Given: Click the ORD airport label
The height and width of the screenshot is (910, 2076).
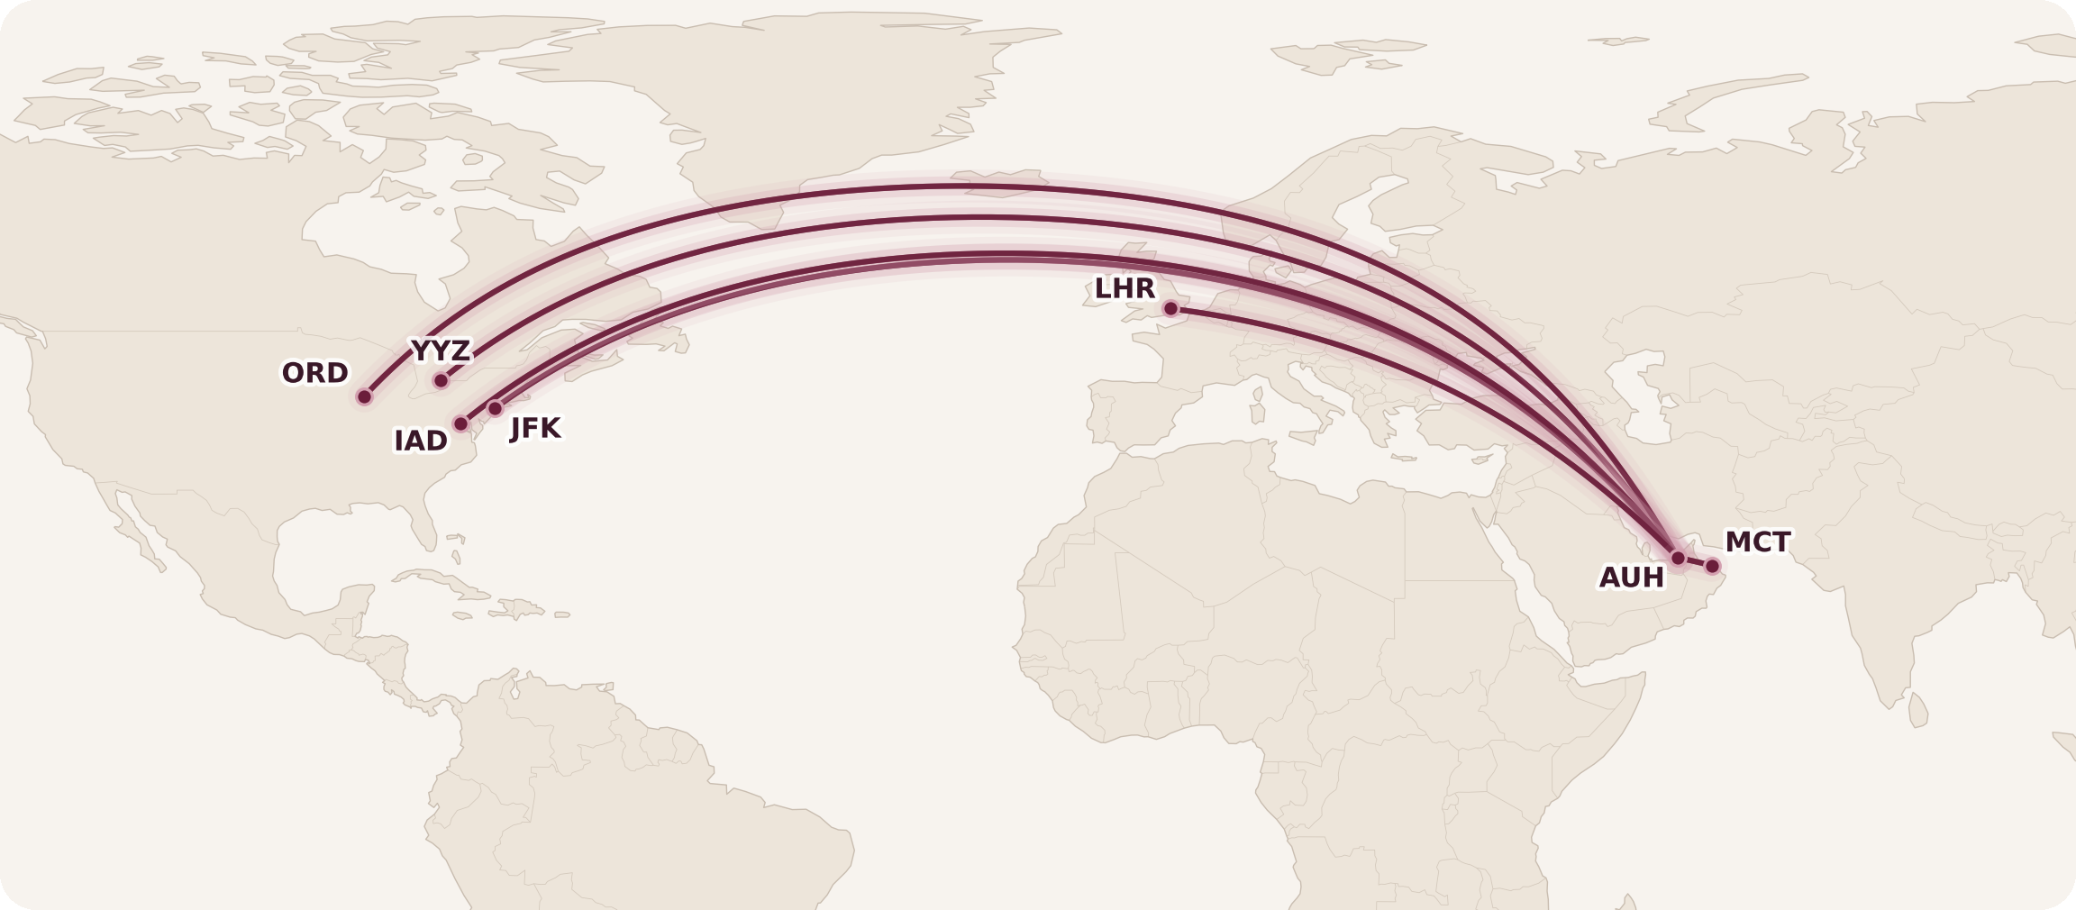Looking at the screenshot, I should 314,373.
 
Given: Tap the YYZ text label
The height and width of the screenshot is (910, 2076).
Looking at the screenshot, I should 441,350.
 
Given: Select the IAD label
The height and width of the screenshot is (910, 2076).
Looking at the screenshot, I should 420,441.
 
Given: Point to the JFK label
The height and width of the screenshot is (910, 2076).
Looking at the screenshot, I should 535,428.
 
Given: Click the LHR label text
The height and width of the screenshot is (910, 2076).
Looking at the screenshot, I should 1124,288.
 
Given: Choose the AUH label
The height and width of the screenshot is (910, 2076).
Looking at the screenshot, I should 1631,578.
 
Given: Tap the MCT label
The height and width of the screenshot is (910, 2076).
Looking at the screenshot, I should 1757,542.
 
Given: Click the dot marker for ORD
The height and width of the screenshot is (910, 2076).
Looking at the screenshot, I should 364,396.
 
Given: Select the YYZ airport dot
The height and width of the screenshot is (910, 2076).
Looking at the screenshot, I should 441,380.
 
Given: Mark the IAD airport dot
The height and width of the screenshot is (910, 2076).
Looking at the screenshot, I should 460,423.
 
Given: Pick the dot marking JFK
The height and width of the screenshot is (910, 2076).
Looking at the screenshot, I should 495,408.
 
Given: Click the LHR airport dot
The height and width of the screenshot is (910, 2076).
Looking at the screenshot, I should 1170,309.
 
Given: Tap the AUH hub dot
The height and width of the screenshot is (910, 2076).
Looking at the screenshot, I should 1678,558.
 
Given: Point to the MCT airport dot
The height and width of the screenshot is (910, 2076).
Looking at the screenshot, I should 1712,566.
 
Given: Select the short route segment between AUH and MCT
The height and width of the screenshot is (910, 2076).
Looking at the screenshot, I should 1695,562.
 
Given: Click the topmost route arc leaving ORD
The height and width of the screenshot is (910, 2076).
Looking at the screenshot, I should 946,187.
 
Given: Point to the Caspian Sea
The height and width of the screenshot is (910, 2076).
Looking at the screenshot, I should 1653,396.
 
